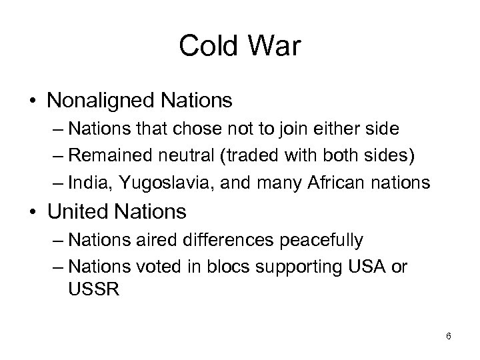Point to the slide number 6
pos(449,336)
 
